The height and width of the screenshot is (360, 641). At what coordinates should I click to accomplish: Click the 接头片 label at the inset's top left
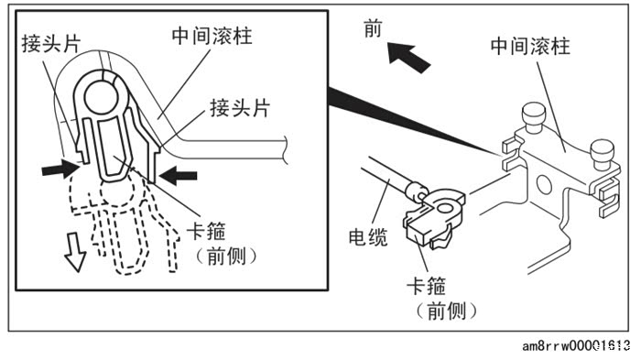click(x=51, y=43)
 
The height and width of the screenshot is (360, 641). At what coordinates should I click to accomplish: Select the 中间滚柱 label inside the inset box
click(x=212, y=36)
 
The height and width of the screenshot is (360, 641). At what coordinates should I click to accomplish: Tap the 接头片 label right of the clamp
click(x=240, y=108)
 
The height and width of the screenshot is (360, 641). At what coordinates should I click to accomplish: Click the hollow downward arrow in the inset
click(x=75, y=253)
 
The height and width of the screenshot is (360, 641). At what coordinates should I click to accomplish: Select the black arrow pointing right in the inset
click(x=60, y=168)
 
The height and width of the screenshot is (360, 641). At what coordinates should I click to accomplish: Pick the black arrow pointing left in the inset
click(x=179, y=176)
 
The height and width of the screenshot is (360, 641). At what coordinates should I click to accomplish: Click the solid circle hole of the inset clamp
click(x=101, y=96)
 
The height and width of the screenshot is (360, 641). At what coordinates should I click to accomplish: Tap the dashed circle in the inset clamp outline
click(x=117, y=191)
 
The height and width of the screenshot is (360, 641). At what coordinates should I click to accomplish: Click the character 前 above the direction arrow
click(x=373, y=29)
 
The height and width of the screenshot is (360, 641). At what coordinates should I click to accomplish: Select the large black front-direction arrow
click(x=408, y=57)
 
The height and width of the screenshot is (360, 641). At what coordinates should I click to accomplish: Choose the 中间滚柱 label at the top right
click(x=530, y=46)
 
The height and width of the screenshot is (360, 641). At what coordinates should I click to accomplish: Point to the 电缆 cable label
click(x=368, y=237)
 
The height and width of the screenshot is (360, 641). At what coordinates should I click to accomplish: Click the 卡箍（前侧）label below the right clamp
click(x=446, y=299)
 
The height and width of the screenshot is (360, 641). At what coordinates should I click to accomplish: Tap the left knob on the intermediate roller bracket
click(x=534, y=117)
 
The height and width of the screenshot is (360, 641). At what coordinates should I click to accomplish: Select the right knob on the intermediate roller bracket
click(x=602, y=154)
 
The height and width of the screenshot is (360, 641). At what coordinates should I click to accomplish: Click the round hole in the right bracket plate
click(x=544, y=184)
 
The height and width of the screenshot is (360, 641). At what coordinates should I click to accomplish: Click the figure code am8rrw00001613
click(x=576, y=346)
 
